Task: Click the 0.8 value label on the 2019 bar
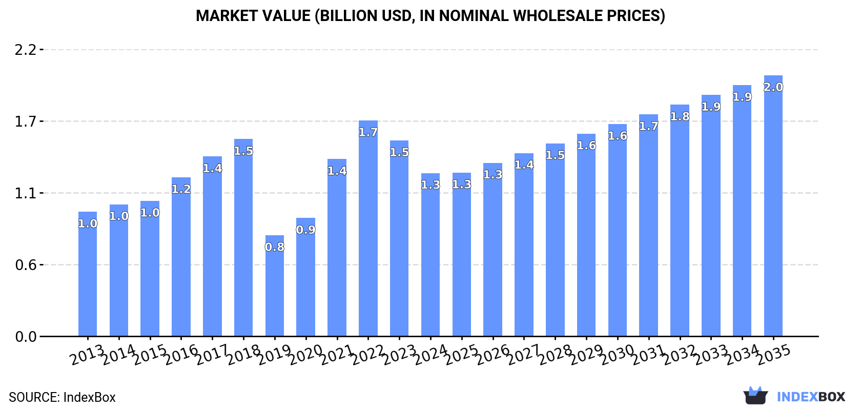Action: [x=275, y=247]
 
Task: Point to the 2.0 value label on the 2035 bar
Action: [x=773, y=87]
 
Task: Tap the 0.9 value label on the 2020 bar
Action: [x=306, y=230]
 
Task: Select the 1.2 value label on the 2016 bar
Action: [x=181, y=189]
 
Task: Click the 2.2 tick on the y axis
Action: [x=26, y=50]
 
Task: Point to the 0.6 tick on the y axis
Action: [x=26, y=265]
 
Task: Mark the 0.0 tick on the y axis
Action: [x=26, y=337]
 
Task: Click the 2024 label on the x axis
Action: [x=430, y=354]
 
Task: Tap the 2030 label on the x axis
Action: [x=618, y=354]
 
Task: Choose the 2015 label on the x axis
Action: [x=150, y=354]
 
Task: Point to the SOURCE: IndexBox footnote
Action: [x=62, y=397]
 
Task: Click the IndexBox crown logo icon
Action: [x=755, y=396]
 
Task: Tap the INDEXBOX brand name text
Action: [x=811, y=397]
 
